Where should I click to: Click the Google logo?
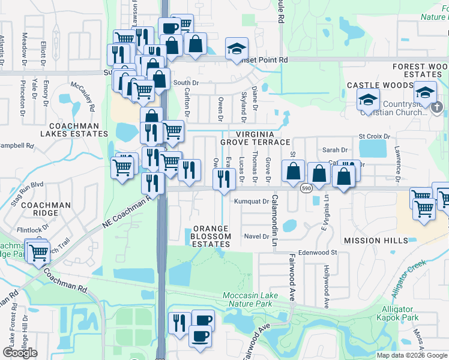click(x=20, y=353)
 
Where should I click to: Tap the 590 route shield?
click(x=306, y=188)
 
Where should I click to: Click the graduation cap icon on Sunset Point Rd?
click(x=237, y=49)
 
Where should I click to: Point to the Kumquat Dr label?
click(x=252, y=202)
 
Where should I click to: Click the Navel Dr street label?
click(x=257, y=236)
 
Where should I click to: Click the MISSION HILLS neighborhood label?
click(x=370, y=241)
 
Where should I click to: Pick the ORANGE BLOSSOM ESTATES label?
click(x=211, y=236)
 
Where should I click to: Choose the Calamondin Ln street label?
click(x=276, y=213)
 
